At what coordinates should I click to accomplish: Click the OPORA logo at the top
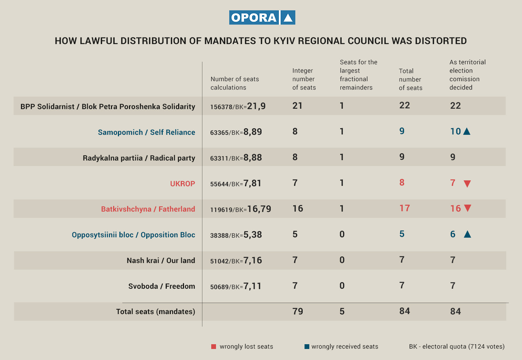point(262,18)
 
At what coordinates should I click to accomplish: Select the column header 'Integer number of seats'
point(304,79)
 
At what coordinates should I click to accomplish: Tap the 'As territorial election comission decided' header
point(467,75)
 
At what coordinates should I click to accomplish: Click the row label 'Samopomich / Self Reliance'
point(146,132)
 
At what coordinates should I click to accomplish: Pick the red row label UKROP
point(182,184)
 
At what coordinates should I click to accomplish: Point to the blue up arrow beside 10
point(467,132)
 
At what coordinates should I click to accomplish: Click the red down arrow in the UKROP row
point(467,184)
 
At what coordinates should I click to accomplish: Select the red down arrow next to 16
point(467,208)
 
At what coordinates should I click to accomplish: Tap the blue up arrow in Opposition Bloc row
point(467,234)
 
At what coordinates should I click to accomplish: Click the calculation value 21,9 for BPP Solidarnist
point(256,106)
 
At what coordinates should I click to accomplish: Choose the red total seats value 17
point(404,208)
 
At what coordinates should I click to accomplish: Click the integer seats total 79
point(298,312)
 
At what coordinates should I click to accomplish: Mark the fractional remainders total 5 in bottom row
point(342,312)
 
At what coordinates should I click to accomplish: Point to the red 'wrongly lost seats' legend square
point(214,346)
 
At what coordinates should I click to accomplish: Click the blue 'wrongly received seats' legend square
point(307,346)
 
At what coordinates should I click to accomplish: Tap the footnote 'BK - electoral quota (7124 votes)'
point(457,346)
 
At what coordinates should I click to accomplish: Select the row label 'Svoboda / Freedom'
point(162,286)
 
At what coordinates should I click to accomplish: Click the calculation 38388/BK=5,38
point(236,235)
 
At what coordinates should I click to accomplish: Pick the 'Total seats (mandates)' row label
point(155,312)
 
